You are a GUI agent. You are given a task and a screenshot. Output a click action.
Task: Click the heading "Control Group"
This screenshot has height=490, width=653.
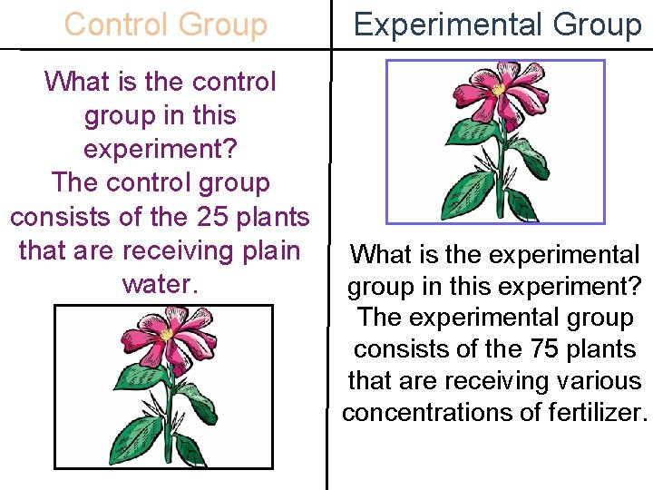(x=166, y=24)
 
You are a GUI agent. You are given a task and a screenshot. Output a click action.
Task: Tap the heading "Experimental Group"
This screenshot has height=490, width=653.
(x=497, y=24)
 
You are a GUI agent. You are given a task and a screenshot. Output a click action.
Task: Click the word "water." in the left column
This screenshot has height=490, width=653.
(x=160, y=283)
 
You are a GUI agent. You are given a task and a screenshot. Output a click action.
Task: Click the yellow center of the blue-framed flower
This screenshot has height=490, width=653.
(x=498, y=90)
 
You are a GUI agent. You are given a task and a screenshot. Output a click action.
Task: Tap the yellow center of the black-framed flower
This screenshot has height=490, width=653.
(x=167, y=334)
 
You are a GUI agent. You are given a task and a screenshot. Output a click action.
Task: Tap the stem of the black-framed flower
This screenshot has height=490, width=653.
(x=167, y=408)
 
